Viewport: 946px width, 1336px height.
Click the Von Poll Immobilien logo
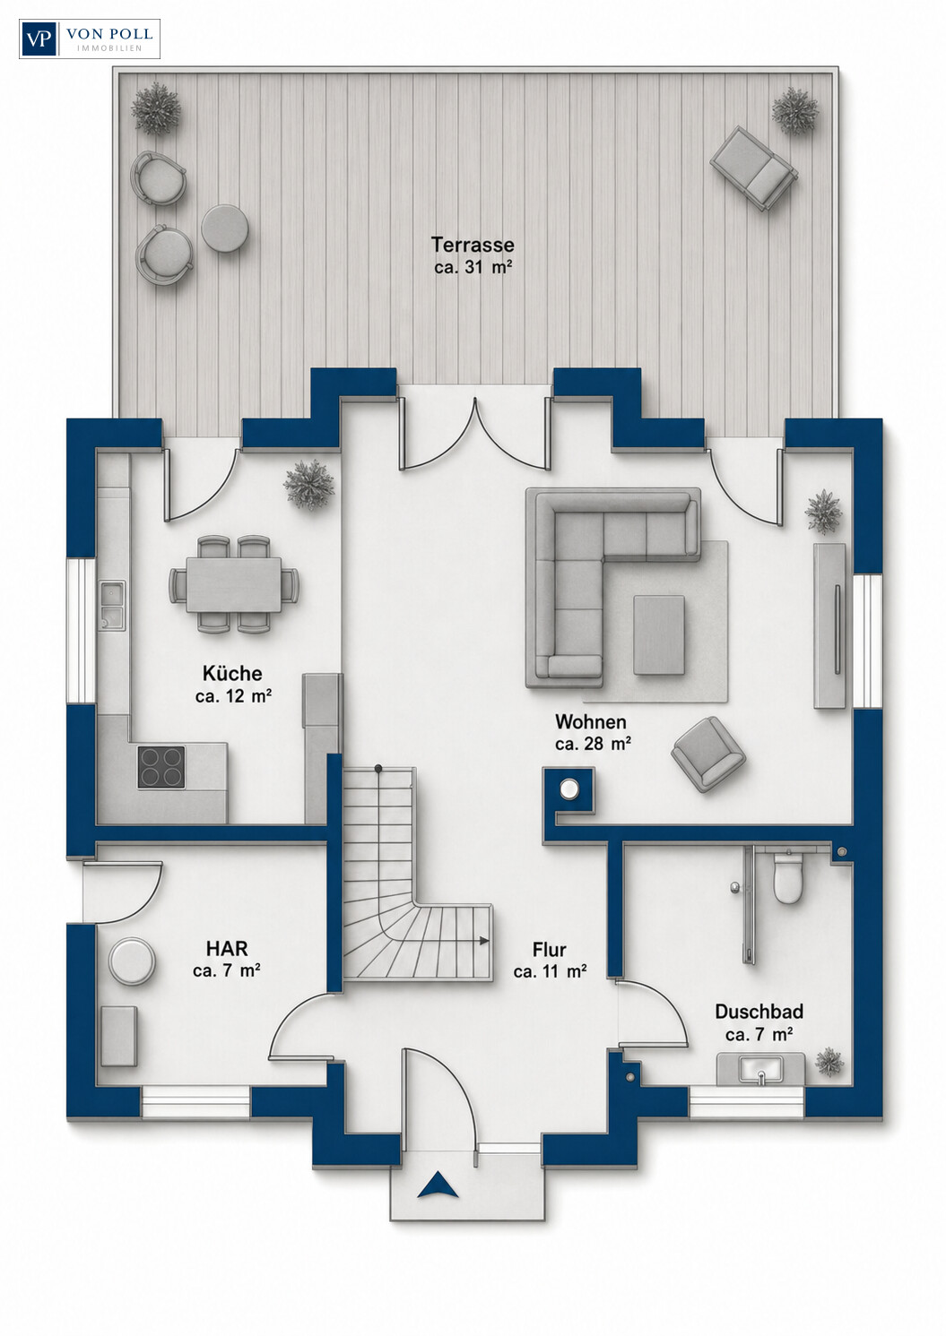click(x=90, y=39)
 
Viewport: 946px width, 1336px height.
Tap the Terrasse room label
click(x=473, y=245)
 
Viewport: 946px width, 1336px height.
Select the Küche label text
click(x=232, y=673)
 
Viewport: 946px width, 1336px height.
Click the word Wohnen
click(x=591, y=721)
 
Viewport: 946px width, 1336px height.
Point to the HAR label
click(x=227, y=948)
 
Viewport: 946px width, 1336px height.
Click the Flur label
click(x=550, y=949)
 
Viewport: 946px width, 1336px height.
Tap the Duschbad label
click(x=759, y=1012)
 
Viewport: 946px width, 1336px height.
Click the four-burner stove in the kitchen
click(x=161, y=767)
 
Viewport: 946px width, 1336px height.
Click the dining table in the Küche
click(x=234, y=584)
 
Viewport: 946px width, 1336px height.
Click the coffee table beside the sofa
click(x=659, y=634)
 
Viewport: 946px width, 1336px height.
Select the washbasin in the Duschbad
click(x=761, y=1069)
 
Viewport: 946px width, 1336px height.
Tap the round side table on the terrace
click(x=224, y=228)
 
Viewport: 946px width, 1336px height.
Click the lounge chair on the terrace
click(x=754, y=168)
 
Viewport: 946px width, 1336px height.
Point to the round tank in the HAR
click(x=131, y=961)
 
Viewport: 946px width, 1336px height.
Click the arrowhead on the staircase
click(x=484, y=941)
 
